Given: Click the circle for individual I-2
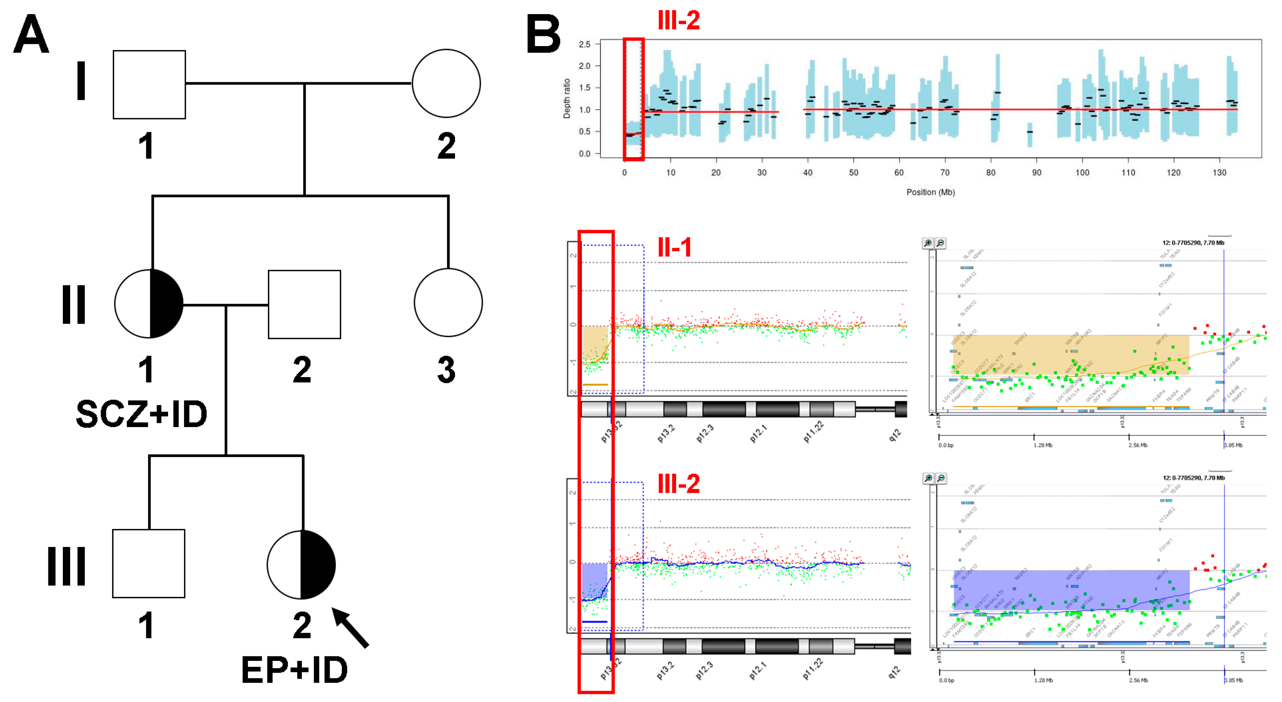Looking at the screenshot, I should (446, 83).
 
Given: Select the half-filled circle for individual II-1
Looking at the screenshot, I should (149, 304).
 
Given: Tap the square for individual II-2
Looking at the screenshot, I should (304, 304).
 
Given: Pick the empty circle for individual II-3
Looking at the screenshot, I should (448, 302).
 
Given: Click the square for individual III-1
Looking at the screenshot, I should (148, 563).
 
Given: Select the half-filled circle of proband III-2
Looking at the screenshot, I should (301, 564).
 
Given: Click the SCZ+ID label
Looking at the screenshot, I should (141, 414).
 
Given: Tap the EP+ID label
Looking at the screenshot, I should (294, 670).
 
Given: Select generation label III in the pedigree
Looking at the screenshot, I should (66, 566).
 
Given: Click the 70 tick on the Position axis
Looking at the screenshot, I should (945, 173).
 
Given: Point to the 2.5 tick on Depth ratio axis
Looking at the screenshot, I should (584, 44).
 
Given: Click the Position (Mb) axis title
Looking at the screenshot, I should (930, 192).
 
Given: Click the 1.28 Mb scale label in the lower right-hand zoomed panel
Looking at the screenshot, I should (1043, 680).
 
